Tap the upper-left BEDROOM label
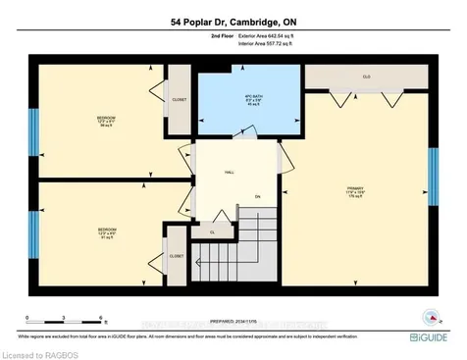(107, 120)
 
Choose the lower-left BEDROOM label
(107, 232)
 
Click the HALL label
(230, 172)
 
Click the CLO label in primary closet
(366, 76)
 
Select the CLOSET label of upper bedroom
(179, 98)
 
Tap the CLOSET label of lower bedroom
(177, 255)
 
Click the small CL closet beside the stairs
(212, 232)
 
